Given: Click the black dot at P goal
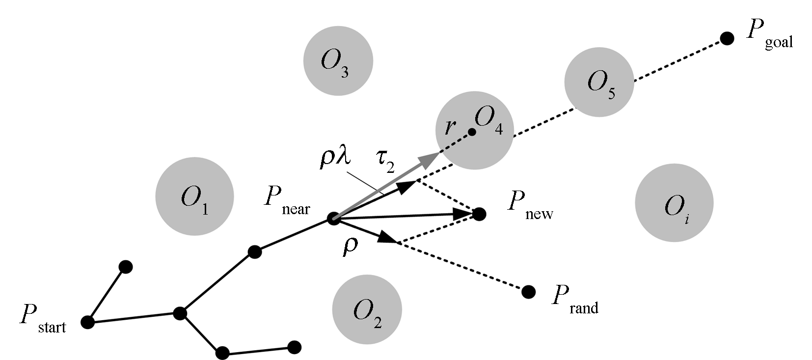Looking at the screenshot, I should [727, 38].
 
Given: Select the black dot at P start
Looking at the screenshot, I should [88, 322].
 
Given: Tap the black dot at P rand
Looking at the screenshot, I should [528, 292].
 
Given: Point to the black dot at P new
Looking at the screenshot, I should [479, 214].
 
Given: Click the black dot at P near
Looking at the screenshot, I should [334, 219].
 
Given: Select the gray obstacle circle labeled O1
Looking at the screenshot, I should [194, 196].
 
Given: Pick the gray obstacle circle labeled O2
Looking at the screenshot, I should [367, 309].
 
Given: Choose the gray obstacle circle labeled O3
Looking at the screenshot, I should [338, 61].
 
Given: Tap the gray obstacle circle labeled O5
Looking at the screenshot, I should [599, 82].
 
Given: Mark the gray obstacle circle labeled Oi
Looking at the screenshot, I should [674, 203].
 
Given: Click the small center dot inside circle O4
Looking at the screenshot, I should [472, 132].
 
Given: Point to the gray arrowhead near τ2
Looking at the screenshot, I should [431, 158].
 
